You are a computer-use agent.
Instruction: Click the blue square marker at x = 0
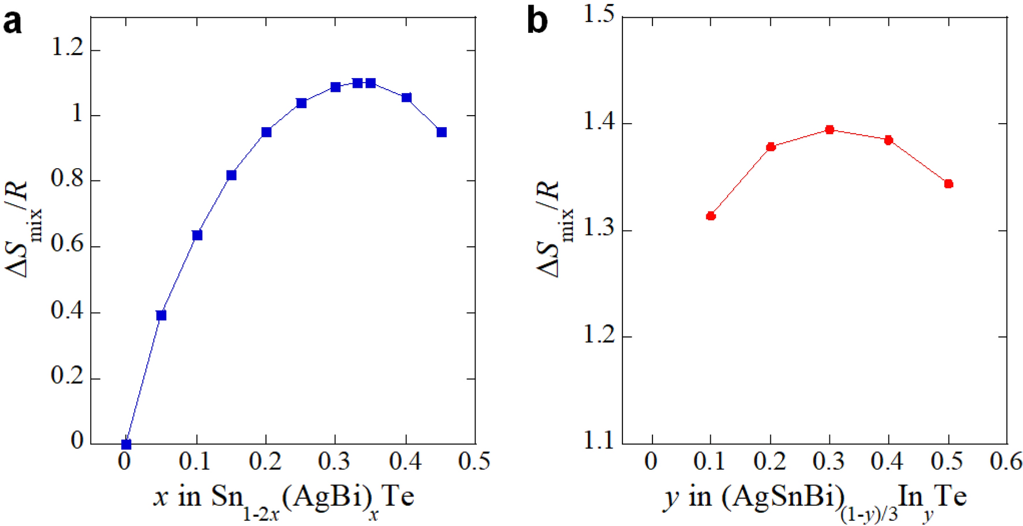pos(126,444)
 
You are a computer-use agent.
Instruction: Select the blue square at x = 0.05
pos(161,315)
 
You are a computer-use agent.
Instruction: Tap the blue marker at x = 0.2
pos(266,132)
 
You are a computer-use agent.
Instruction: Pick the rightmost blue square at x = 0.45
pos(442,132)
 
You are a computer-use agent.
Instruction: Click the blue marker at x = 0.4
pos(406,98)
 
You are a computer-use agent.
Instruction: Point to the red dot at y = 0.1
pos(711,216)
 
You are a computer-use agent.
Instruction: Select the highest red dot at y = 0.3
pos(829,129)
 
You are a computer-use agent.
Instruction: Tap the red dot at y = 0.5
pos(948,184)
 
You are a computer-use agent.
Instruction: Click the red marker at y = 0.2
pos(770,147)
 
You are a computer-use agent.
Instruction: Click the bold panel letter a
pos(13,23)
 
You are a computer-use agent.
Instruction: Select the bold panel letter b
pos(538,22)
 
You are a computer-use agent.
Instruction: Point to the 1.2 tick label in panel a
pos(67,48)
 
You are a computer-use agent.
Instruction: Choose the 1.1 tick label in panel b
pos(598,442)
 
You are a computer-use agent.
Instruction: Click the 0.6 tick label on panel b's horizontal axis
pos(1006,461)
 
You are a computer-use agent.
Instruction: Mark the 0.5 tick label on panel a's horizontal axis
pos(474,461)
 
